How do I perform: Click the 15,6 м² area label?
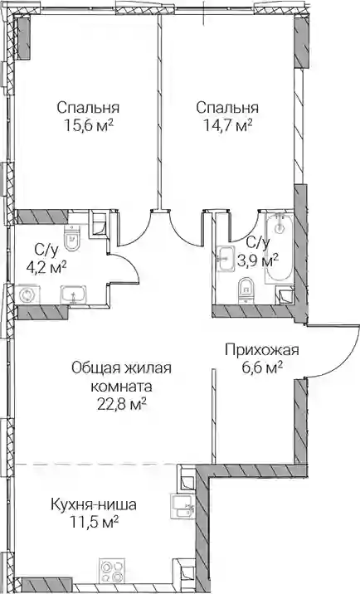point(89,125)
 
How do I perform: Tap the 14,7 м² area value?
point(228,125)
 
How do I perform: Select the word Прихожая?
point(262,350)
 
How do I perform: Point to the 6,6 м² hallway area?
point(263,368)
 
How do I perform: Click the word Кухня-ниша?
point(94,505)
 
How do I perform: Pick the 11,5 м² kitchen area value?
point(94,523)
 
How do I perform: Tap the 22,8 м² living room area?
point(122,405)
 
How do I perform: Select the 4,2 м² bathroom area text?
point(46,268)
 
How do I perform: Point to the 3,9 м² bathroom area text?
point(258,260)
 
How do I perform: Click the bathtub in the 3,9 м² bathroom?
point(279,249)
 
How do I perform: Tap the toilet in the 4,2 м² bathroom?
point(72,238)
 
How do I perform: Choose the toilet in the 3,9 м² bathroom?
point(246,291)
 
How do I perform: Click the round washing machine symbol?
point(27,295)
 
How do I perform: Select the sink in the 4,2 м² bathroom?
point(74,295)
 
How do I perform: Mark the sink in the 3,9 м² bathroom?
point(225,259)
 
